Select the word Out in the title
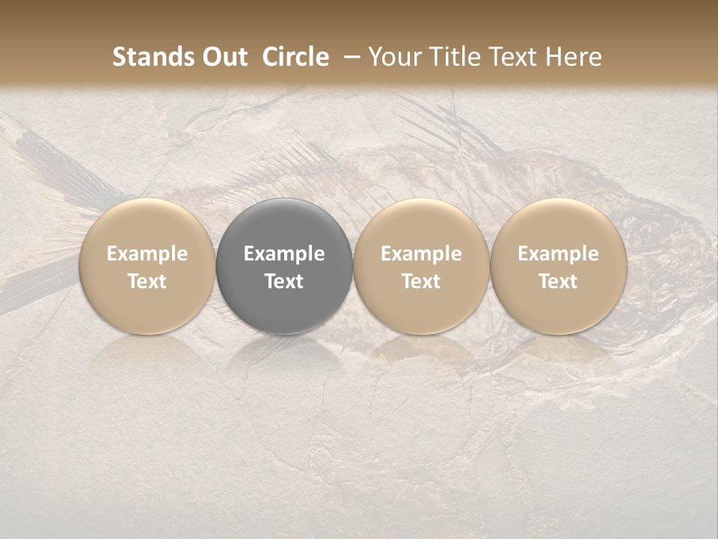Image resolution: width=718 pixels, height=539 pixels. point(222,57)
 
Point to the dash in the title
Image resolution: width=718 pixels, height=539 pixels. point(350,57)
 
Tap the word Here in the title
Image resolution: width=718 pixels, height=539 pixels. point(573,57)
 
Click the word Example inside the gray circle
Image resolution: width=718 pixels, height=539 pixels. point(284,254)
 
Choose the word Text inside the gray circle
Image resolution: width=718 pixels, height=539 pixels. point(284,281)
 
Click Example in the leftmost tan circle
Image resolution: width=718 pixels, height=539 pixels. point(147,254)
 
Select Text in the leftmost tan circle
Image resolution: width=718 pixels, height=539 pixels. point(147,281)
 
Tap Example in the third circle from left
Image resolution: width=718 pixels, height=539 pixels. point(421,254)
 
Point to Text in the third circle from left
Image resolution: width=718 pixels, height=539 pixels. point(421,281)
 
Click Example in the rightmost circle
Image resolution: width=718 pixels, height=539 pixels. point(558,254)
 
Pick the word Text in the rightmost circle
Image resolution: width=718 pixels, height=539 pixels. point(558,281)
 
